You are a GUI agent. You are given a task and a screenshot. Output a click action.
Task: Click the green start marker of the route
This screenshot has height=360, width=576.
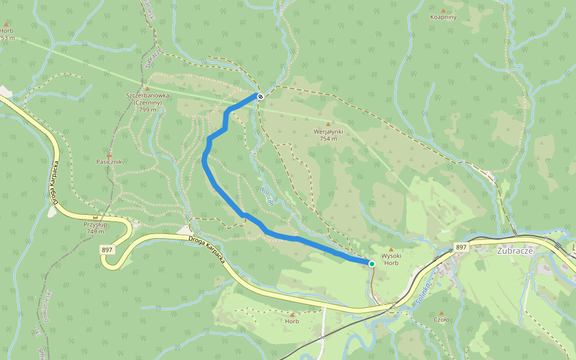[x=371, y=264]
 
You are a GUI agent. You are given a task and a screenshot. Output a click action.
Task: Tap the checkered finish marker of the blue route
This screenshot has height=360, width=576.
[x=260, y=96]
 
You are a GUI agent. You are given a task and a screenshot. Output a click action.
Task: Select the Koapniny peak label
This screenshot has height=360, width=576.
[x=443, y=17]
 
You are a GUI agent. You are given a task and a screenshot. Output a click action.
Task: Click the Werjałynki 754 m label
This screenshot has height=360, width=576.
[x=328, y=135]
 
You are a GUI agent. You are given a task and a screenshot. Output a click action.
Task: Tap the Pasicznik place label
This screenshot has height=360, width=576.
[x=109, y=162]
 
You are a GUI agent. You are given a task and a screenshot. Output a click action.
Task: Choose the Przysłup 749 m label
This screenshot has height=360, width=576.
[x=95, y=228]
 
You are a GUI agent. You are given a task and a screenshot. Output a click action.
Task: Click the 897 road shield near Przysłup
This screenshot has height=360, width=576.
[x=108, y=249]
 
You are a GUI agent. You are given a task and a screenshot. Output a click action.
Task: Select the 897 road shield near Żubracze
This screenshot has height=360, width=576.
[x=460, y=247]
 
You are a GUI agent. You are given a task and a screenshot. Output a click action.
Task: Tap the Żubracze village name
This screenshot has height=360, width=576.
[x=515, y=251]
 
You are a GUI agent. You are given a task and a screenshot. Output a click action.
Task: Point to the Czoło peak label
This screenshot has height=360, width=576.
[x=441, y=320]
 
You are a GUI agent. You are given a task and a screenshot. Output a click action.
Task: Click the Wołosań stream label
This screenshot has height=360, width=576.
[x=266, y=195]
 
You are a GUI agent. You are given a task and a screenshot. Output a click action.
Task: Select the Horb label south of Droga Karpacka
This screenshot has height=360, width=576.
[x=292, y=322]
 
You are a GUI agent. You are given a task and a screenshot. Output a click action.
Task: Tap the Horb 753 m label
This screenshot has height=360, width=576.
[x=7, y=34]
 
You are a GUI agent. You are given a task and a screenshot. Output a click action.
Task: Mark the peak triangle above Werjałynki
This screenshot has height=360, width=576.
[x=328, y=124]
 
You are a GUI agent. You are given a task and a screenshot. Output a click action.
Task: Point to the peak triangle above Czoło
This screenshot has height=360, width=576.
[x=441, y=313]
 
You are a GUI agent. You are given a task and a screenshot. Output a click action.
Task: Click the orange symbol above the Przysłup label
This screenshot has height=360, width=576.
[x=95, y=217]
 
